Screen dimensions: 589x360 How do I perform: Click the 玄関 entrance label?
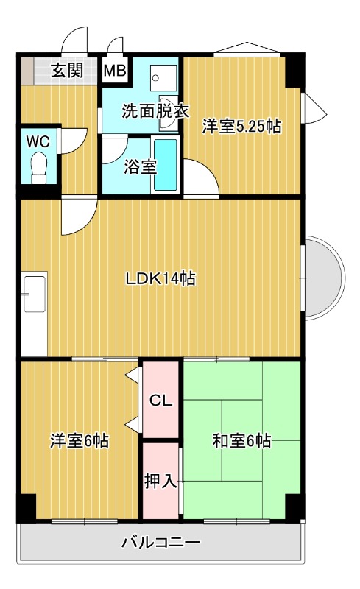point(66,71)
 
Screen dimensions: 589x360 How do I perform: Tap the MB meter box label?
point(114,71)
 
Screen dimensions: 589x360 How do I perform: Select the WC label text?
point(38,140)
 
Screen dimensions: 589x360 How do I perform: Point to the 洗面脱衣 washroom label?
point(155,113)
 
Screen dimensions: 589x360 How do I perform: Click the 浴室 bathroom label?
point(140,166)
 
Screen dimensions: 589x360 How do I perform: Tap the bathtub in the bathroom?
point(166,165)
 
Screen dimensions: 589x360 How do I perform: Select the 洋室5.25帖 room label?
point(241,126)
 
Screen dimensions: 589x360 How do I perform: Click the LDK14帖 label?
point(160,279)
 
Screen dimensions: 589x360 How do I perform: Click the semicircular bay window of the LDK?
point(324,278)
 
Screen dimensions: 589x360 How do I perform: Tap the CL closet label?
point(160,401)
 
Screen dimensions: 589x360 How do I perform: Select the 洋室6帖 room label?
point(80,441)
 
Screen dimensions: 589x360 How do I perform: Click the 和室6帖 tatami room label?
point(241,441)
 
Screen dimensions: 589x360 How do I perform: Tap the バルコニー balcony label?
point(160,543)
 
